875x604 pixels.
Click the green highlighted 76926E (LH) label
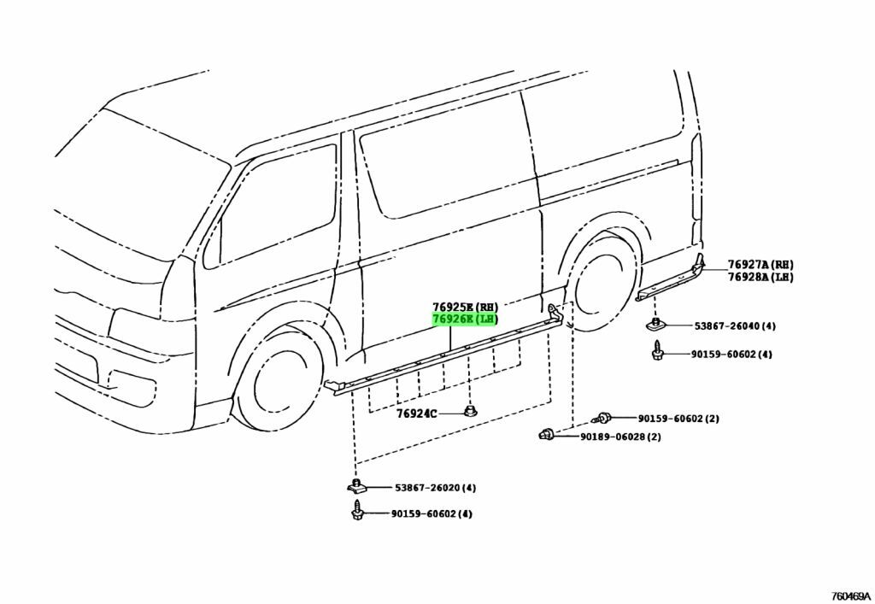pyautogui.click(x=465, y=319)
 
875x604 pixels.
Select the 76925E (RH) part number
pyautogui.click(x=465, y=307)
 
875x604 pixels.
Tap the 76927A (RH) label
pyautogui.click(x=760, y=264)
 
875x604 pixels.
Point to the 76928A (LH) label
pyautogui.click(x=760, y=277)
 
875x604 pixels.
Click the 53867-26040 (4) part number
pyautogui.click(x=734, y=325)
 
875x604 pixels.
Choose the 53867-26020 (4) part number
pyautogui.click(x=435, y=488)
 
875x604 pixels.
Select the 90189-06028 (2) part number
pyautogui.click(x=620, y=437)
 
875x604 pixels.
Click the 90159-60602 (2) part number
pyautogui.click(x=678, y=419)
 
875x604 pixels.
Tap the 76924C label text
pyautogui.click(x=416, y=413)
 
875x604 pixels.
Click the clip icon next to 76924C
pyautogui.click(x=471, y=411)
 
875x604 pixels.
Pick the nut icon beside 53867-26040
pyautogui.click(x=656, y=325)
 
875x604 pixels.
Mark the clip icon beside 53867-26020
pyautogui.click(x=356, y=486)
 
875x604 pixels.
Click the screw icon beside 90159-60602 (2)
pyautogui.click(x=601, y=417)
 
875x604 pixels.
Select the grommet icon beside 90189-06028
pyautogui.click(x=546, y=433)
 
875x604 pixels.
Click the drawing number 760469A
pyautogui.click(x=851, y=595)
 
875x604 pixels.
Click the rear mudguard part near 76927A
pyautogui.click(x=670, y=279)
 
